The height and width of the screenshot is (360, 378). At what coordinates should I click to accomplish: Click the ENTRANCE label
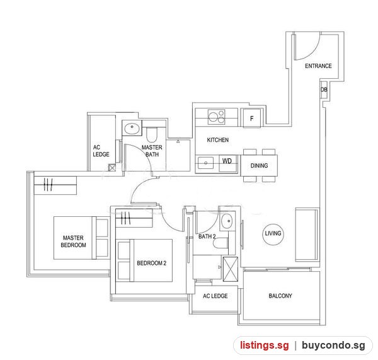pyautogui.click(x=318, y=66)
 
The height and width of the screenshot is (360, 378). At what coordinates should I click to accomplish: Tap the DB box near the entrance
pyautogui.click(x=324, y=90)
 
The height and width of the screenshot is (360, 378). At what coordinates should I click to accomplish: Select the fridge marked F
pyautogui.click(x=251, y=119)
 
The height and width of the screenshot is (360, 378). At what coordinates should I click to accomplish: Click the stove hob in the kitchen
pyautogui.click(x=216, y=117)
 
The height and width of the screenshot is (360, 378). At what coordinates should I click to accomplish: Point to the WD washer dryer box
pyautogui.click(x=227, y=163)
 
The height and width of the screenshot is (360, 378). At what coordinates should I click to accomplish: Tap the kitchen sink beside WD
pyautogui.click(x=205, y=163)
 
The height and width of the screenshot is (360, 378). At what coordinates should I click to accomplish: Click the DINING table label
pyautogui.click(x=259, y=166)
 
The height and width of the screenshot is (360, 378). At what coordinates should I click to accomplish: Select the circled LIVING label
pyautogui.click(x=273, y=233)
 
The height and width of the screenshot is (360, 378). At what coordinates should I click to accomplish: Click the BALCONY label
pyautogui.click(x=280, y=296)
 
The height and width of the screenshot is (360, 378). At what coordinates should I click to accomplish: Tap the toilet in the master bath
pyautogui.click(x=152, y=135)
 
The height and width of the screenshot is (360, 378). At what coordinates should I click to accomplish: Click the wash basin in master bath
pyautogui.click(x=132, y=128)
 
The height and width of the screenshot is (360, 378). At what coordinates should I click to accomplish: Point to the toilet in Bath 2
pyautogui.click(x=220, y=243)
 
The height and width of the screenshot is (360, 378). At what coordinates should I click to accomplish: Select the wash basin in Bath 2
pyautogui.click(x=227, y=221)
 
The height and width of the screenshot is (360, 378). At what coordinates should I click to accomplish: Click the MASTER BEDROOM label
pyautogui.click(x=73, y=241)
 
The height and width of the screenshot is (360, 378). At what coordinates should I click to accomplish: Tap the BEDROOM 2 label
pyautogui.click(x=152, y=263)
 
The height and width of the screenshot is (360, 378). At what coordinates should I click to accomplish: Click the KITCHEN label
pyautogui.click(x=218, y=140)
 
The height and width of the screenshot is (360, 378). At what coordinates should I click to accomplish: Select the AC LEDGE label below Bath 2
pyautogui.click(x=215, y=296)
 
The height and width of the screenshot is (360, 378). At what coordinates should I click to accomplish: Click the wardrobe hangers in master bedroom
pyautogui.click(x=48, y=185)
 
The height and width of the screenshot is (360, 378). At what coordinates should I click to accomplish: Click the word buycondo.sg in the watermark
pyautogui.click(x=334, y=345)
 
